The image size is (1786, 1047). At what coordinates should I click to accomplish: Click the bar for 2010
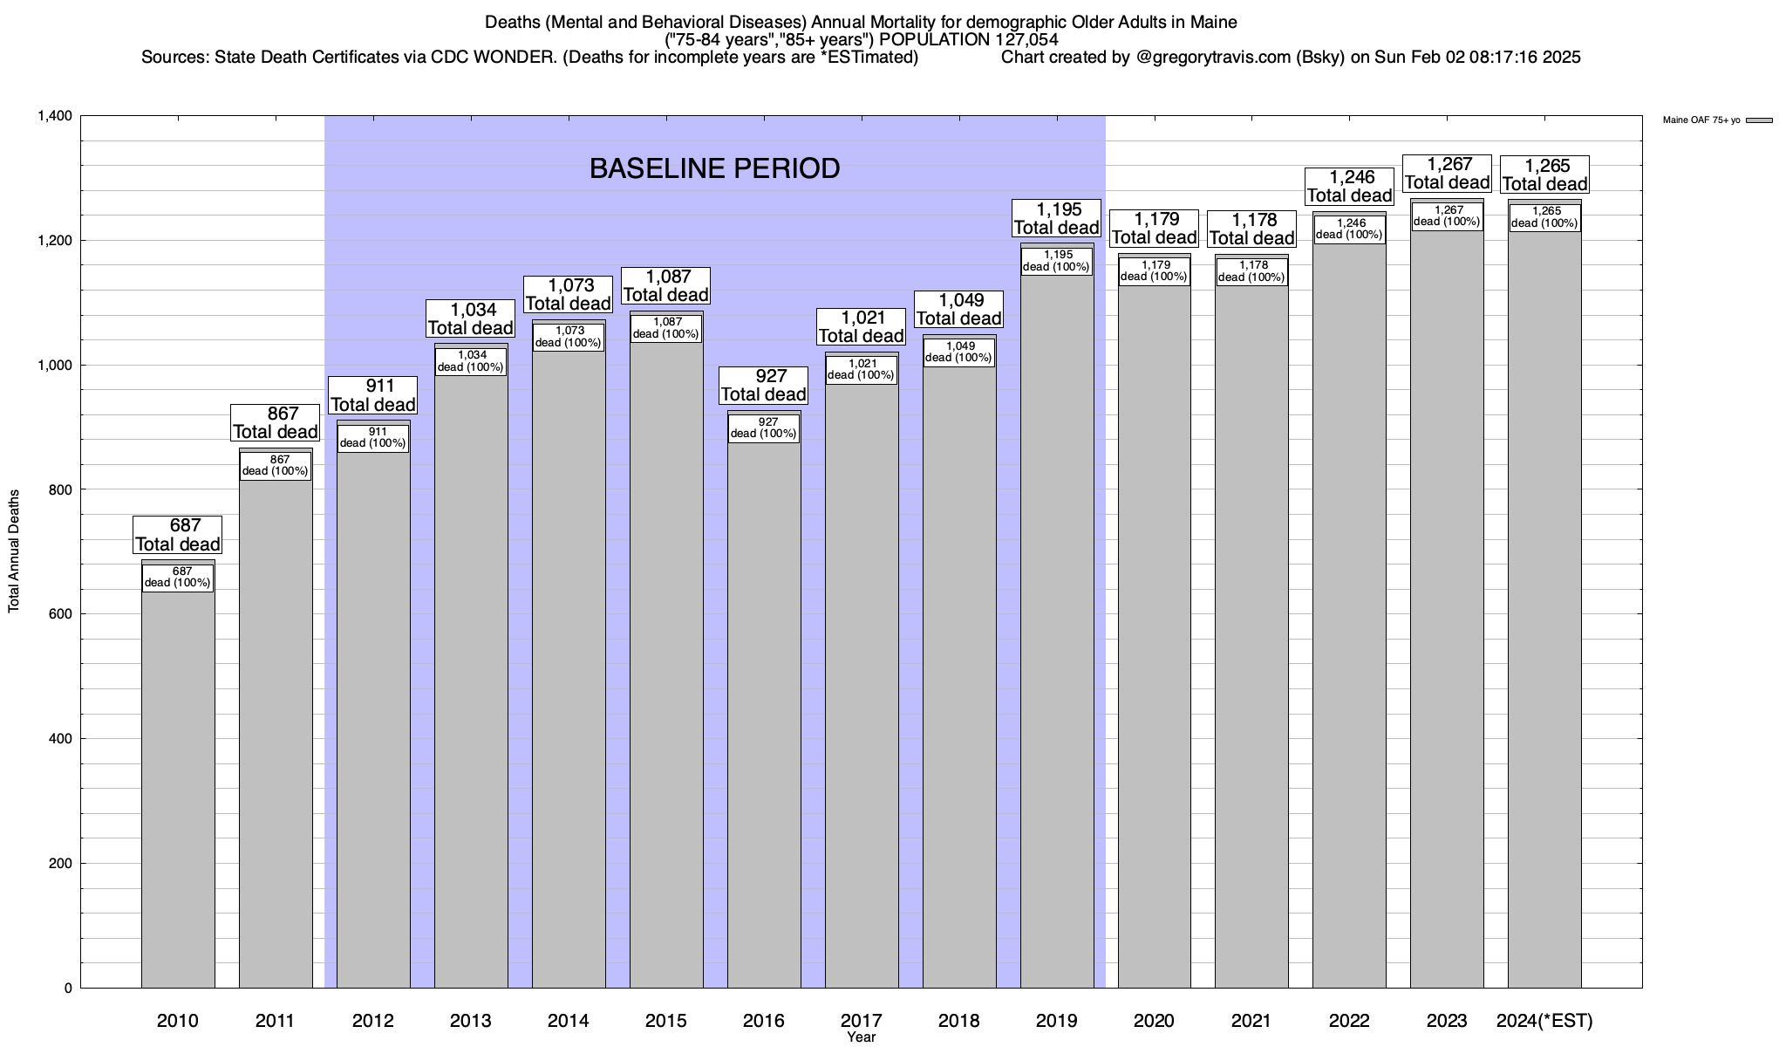pyautogui.click(x=178, y=785)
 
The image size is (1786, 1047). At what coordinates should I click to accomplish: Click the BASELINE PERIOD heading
pyautogui.click(x=714, y=168)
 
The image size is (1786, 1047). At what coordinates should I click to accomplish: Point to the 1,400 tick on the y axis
pyautogui.click(x=55, y=116)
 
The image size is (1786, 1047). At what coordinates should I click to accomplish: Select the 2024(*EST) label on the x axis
pyautogui.click(x=1544, y=1021)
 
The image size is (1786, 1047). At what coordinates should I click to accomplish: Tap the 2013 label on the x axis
pyautogui.click(x=471, y=1021)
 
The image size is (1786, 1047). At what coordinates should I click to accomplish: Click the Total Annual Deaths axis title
pyautogui.click(x=15, y=551)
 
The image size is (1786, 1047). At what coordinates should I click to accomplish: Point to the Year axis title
pyautogui.click(x=861, y=1037)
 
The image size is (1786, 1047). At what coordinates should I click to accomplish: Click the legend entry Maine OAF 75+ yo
pyautogui.click(x=1701, y=120)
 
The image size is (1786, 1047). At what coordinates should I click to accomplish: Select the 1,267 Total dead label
pyautogui.click(x=1447, y=173)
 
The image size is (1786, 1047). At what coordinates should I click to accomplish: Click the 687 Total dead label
pyautogui.click(x=178, y=535)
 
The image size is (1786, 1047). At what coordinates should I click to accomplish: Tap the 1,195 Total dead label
pyautogui.click(x=1057, y=218)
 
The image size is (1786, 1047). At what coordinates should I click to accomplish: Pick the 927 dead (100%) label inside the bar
pyautogui.click(x=764, y=428)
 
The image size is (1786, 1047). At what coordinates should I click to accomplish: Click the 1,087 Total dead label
pyautogui.click(x=666, y=285)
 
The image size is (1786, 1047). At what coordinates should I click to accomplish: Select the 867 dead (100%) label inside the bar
pyautogui.click(x=276, y=465)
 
